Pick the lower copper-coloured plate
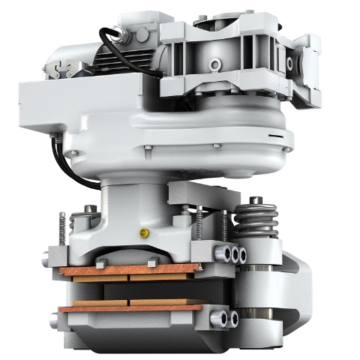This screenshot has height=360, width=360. [131, 307]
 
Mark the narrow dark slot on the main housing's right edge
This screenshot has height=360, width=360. [279, 137]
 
